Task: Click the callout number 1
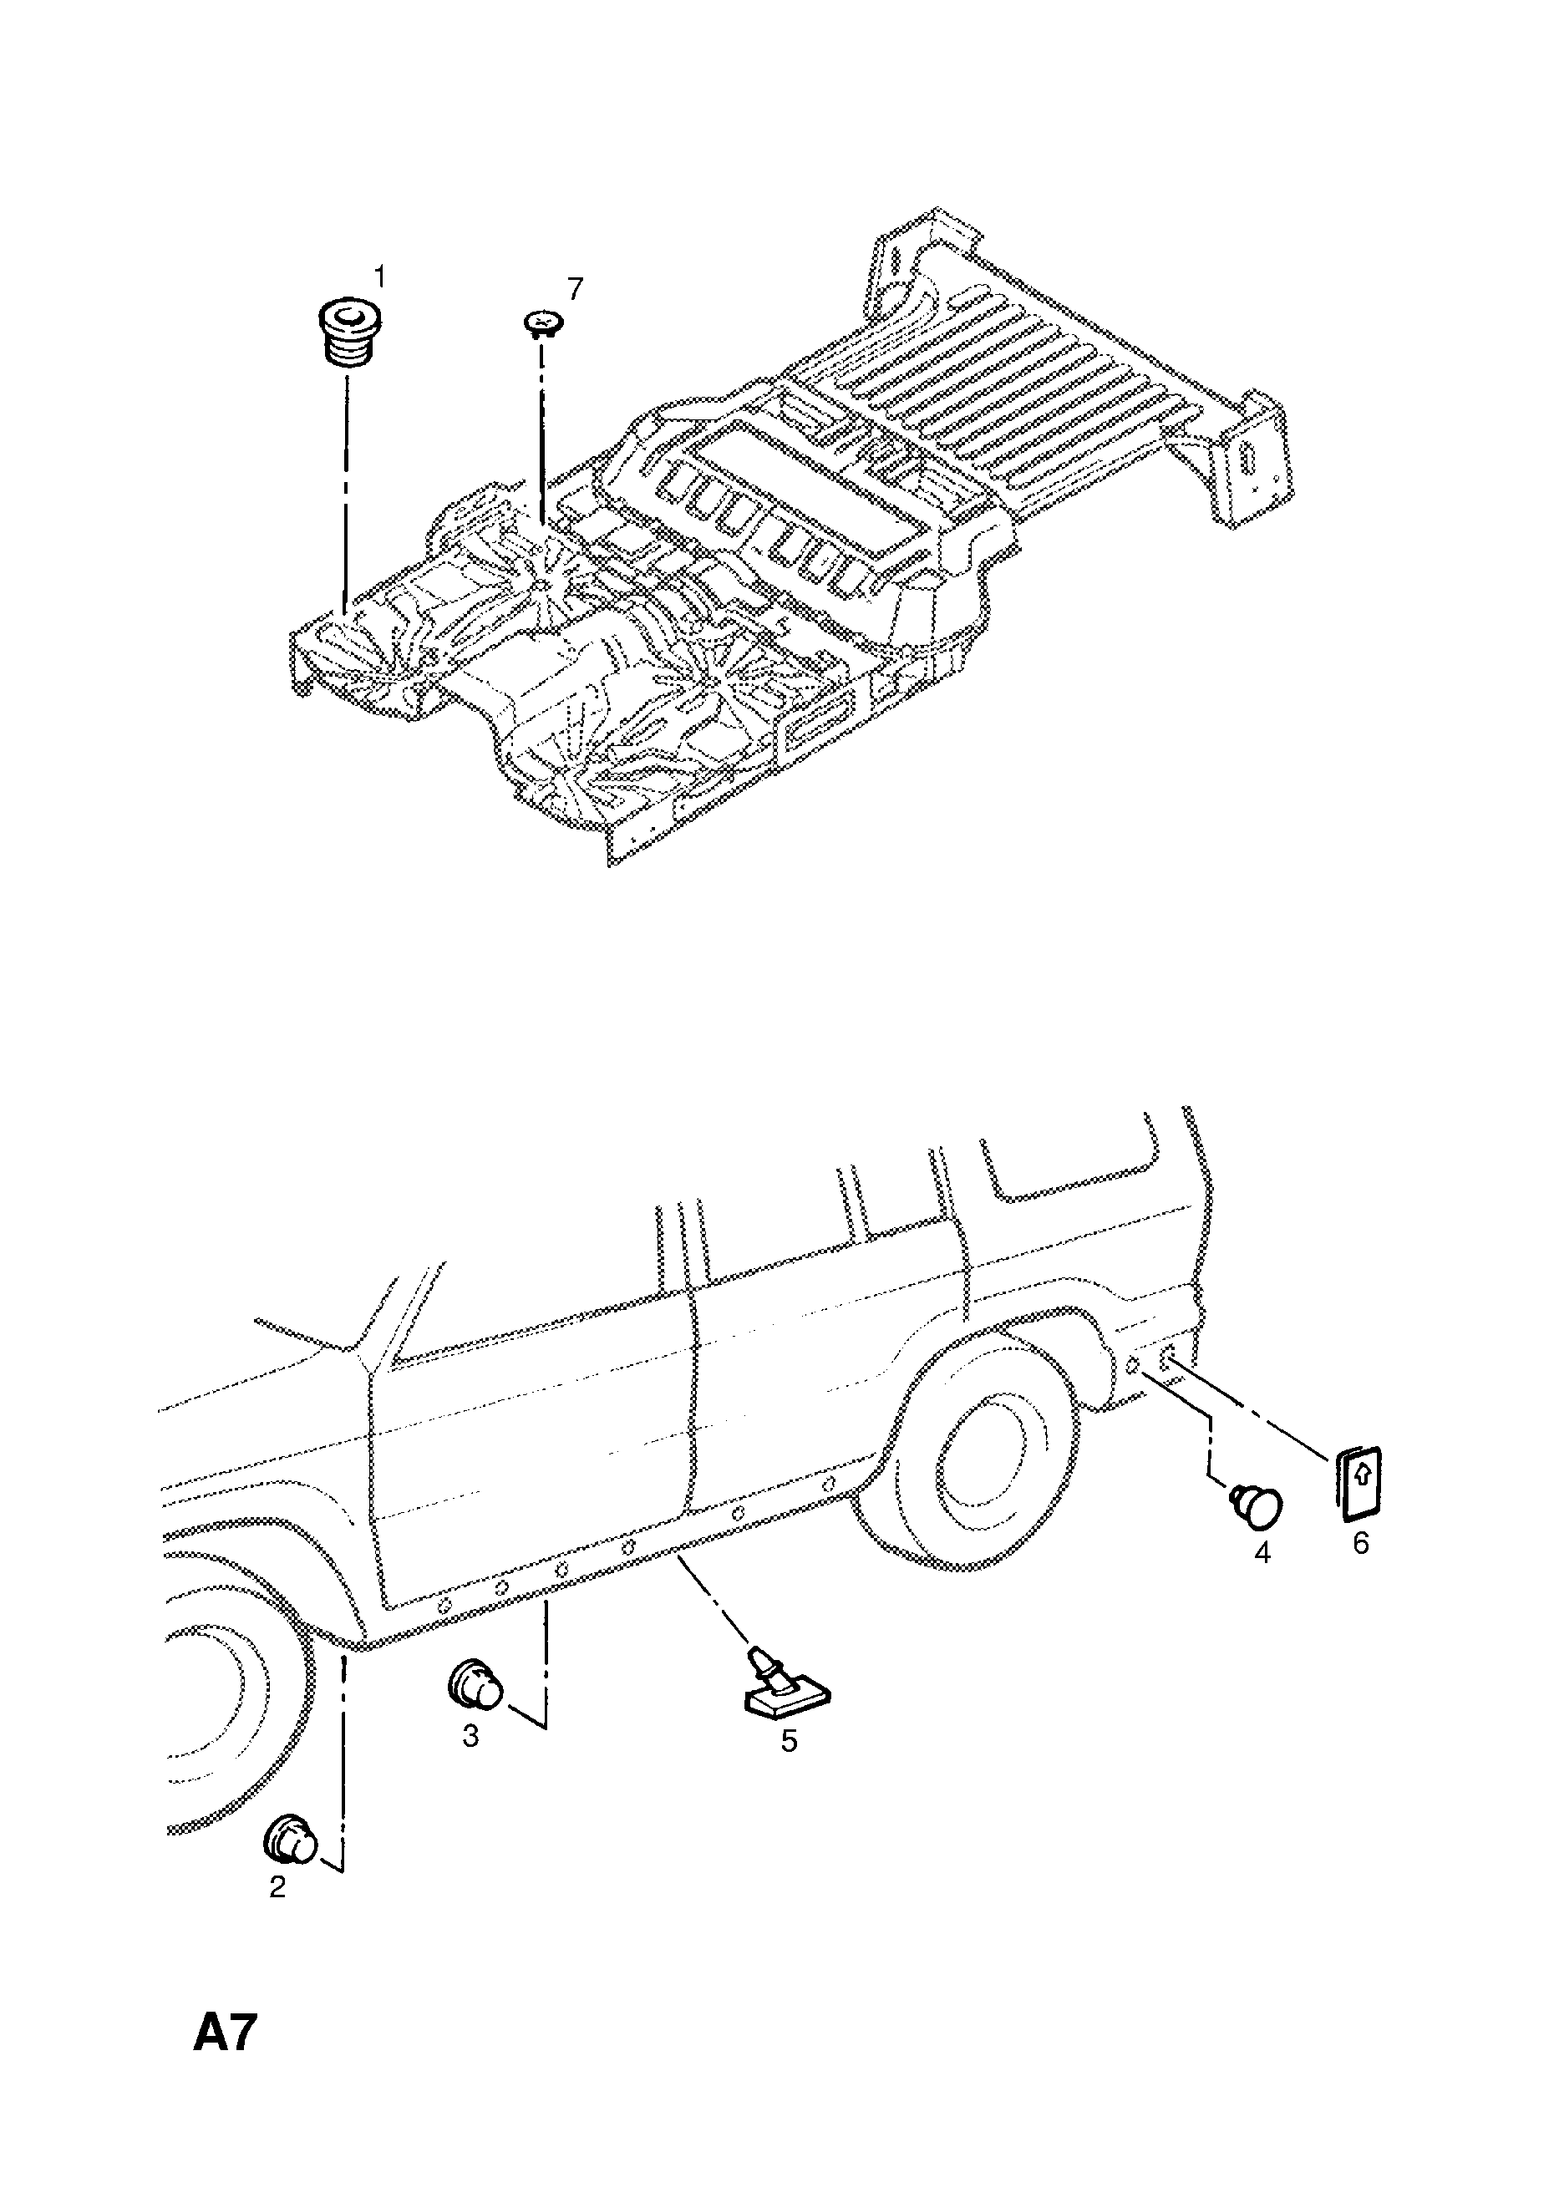(380, 277)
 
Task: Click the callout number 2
(277, 1887)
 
